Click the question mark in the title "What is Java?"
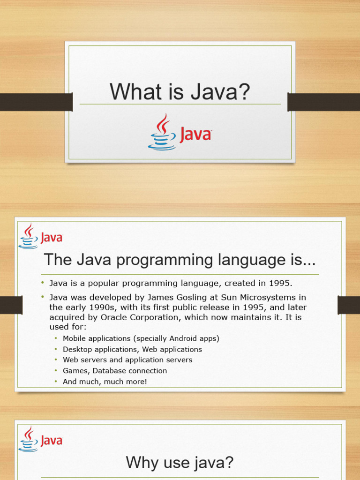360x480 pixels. pyautogui.click(x=243, y=91)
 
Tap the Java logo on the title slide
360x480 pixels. pyautogui.click(x=180, y=132)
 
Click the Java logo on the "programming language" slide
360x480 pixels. pyautogui.click(x=40, y=236)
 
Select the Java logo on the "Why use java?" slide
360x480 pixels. pyautogui.click(x=40, y=439)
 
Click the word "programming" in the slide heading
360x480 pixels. pyautogui.click(x=165, y=261)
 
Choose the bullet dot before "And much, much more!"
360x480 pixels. pyautogui.click(x=56, y=381)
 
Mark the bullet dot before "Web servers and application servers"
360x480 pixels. pyautogui.click(x=56, y=360)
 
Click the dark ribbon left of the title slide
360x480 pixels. pyautogui.click(x=36, y=102)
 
